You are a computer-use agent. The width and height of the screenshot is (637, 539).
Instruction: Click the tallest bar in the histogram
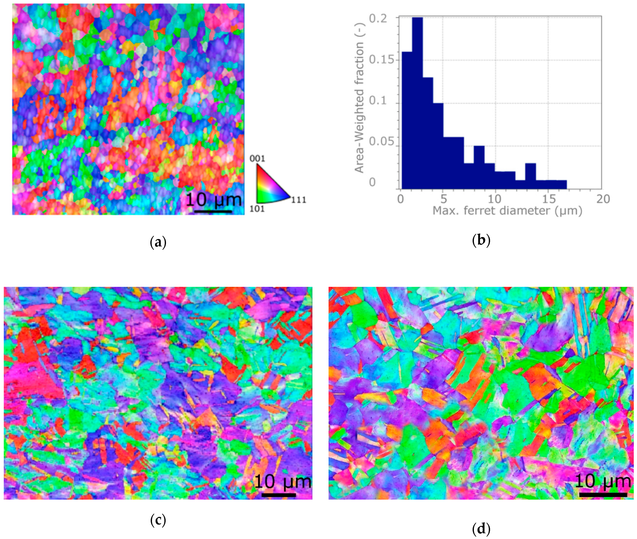[417, 101]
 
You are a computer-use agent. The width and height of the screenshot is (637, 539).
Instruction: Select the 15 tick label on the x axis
[548, 199]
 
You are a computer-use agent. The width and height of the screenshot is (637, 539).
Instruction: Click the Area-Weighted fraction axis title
[359, 107]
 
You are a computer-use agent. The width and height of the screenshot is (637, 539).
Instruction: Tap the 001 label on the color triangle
[257, 158]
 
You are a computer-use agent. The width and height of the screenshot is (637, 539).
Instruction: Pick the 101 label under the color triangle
[257, 209]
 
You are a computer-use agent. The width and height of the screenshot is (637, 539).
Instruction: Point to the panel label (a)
[158, 243]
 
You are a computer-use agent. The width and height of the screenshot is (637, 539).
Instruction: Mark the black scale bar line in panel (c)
[279, 495]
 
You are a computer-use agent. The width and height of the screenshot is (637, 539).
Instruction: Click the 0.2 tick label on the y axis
[378, 18]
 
